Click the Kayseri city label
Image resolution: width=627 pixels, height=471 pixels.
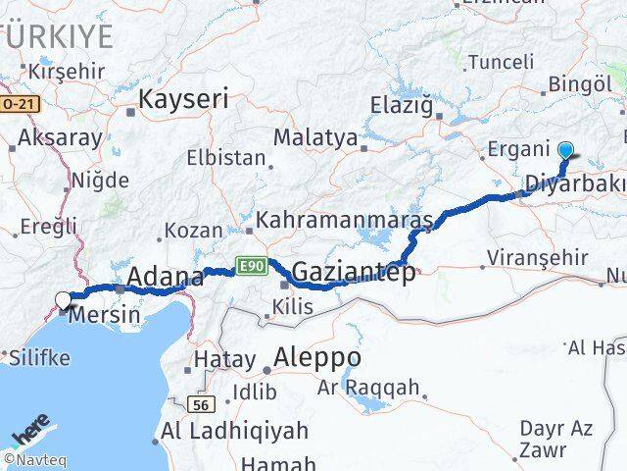point(183,98)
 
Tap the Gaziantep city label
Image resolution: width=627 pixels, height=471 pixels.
point(353,273)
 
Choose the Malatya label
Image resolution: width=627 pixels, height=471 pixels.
point(314,137)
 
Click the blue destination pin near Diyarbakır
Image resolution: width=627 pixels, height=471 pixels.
point(566,150)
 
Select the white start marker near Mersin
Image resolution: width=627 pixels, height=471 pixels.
point(64,301)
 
